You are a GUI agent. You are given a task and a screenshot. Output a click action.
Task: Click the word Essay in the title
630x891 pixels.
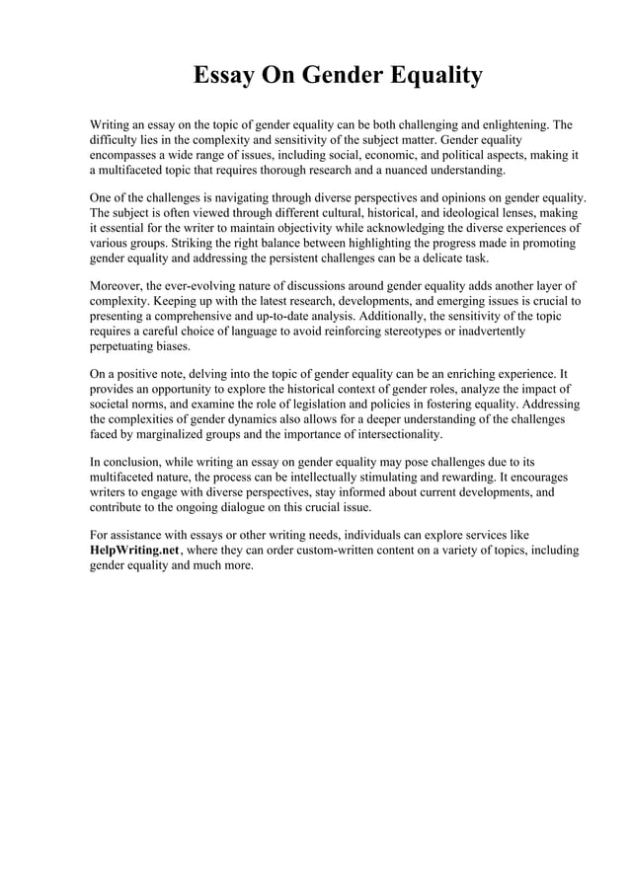coord(224,76)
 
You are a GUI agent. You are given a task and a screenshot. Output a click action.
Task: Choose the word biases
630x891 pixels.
coord(172,348)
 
